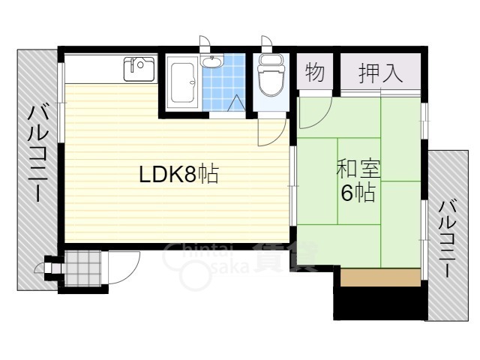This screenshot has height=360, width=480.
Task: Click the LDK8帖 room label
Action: (x=178, y=175)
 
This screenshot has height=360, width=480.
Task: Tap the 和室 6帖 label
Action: (x=358, y=181)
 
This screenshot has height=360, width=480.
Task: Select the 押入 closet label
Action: (x=380, y=73)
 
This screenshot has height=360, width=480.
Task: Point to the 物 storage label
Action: (x=315, y=73)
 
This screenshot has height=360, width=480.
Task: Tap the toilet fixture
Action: (x=268, y=76)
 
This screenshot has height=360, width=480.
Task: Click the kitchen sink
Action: (x=139, y=70)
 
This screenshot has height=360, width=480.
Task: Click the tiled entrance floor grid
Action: (x=82, y=265)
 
